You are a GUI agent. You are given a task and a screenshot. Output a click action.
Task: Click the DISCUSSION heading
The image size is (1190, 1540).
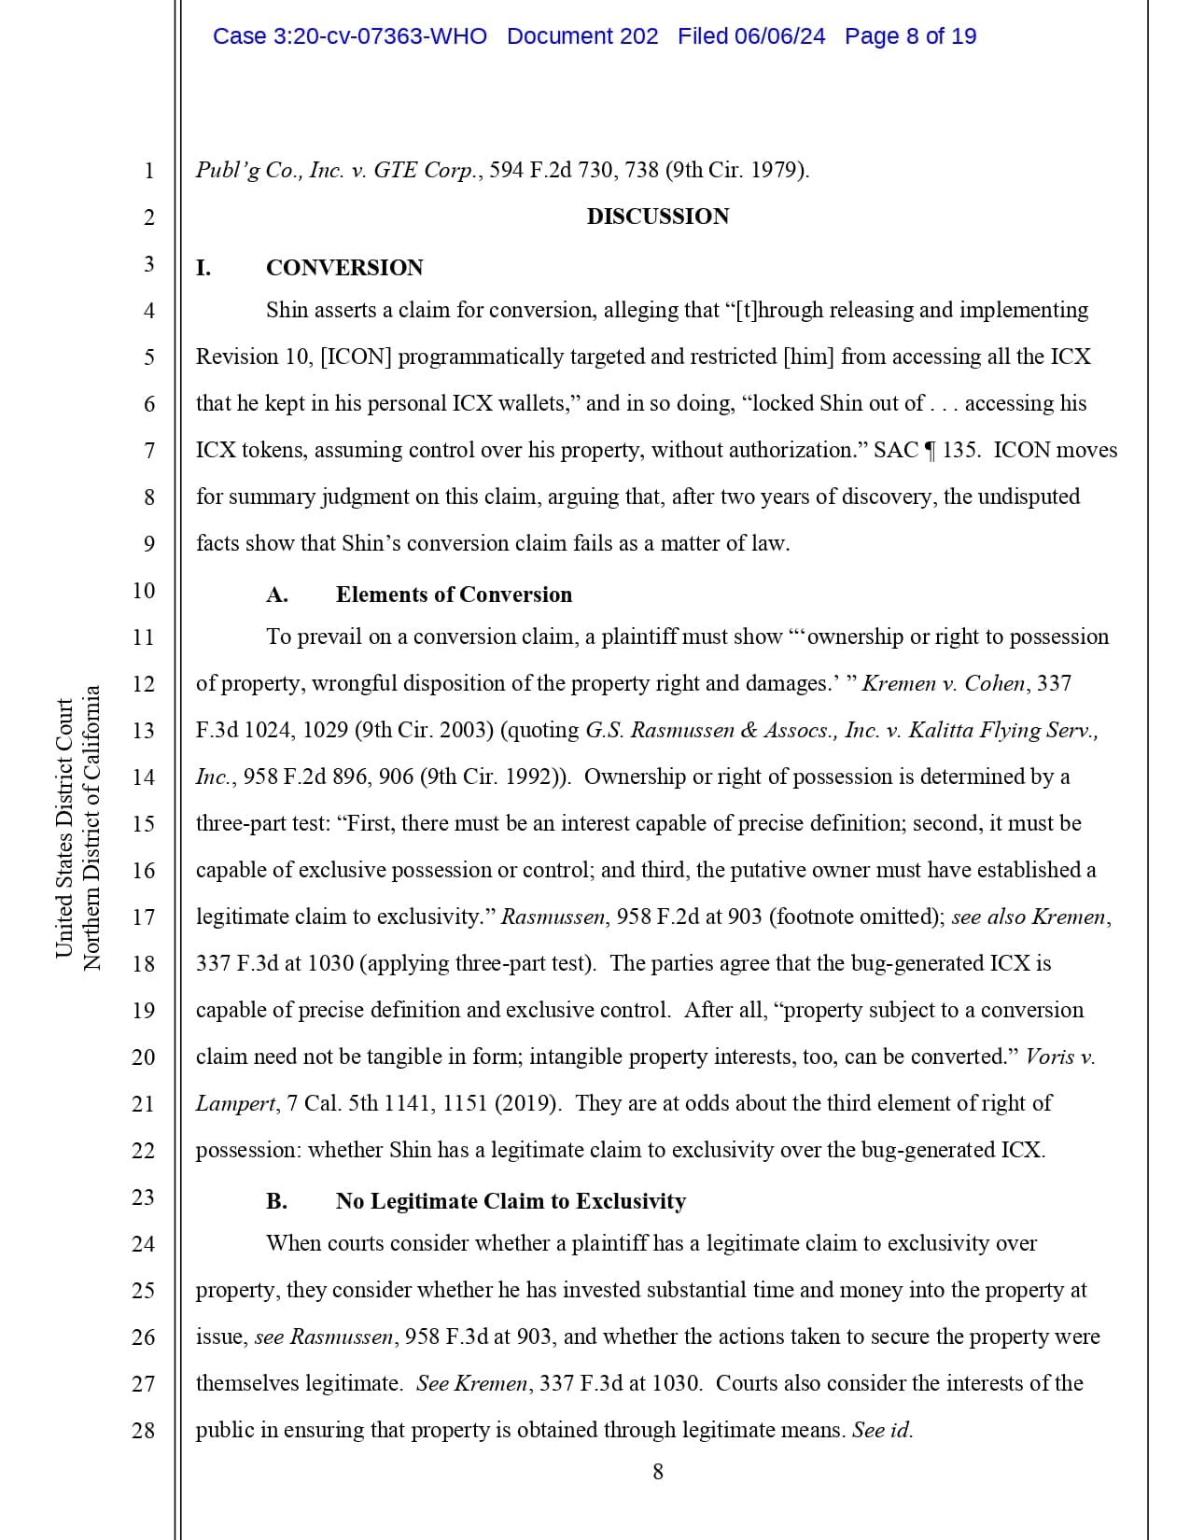pyautogui.click(x=657, y=217)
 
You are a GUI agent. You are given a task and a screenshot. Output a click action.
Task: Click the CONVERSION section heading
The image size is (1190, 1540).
pyautogui.click(x=343, y=268)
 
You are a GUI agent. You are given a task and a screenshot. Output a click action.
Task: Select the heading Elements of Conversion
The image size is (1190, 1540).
pyautogui.click(x=454, y=595)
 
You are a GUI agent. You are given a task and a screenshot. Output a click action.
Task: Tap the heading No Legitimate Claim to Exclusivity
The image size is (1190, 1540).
pyautogui.click(x=511, y=1201)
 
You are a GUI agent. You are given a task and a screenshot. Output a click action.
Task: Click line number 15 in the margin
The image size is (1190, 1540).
pyautogui.click(x=143, y=823)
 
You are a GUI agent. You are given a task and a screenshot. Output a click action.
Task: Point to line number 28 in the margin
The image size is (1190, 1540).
pyautogui.click(x=143, y=1430)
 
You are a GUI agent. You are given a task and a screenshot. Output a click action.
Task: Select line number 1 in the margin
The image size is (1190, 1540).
pyautogui.click(x=148, y=171)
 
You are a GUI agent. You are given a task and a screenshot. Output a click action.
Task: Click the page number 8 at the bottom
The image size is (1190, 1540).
pyautogui.click(x=658, y=1472)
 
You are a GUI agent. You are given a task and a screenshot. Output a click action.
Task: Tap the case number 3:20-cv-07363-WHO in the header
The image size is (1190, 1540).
pyautogui.click(x=350, y=36)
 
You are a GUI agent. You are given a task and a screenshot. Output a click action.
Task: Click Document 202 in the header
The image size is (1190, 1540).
pyautogui.click(x=582, y=36)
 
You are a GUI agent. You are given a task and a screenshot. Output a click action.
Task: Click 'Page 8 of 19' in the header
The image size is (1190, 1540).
pyautogui.click(x=910, y=36)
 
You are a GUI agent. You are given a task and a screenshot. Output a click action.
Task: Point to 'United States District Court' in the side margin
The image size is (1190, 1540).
pyautogui.click(x=64, y=828)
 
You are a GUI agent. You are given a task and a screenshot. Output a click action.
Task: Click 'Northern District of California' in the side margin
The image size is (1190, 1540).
pyautogui.click(x=91, y=828)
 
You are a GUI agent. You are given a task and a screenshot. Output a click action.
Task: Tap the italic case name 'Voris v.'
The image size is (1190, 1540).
pyautogui.click(x=1059, y=1057)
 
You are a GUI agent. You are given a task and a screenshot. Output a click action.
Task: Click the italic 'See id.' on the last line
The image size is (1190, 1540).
pyautogui.click(x=882, y=1430)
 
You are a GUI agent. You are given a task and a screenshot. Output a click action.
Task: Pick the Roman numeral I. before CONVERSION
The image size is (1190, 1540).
pyautogui.click(x=203, y=268)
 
